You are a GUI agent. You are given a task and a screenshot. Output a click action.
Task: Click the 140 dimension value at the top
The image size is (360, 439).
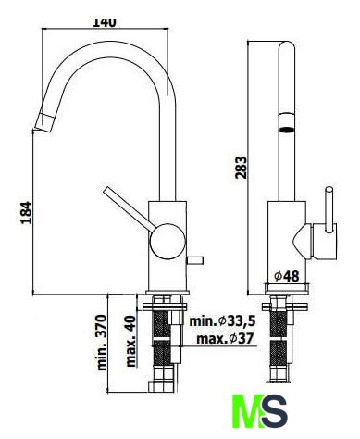point(105,22)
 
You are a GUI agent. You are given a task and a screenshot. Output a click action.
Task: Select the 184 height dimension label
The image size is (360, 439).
point(26,213)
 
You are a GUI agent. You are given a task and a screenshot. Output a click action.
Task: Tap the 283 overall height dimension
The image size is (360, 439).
point(241,168)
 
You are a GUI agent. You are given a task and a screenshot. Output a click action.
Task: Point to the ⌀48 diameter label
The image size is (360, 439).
point(287,276)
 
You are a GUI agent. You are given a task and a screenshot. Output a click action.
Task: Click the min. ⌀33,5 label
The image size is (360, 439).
point(222,321)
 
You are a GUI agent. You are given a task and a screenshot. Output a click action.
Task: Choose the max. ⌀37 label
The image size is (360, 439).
point(225,339)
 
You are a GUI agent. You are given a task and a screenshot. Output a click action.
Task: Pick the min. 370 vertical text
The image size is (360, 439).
point(102,343)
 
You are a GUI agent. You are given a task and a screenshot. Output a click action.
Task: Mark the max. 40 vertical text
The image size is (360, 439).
point(131,341)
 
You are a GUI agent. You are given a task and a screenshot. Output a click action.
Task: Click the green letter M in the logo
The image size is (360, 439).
point(247,411)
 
